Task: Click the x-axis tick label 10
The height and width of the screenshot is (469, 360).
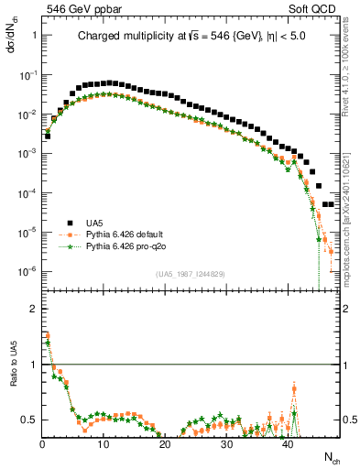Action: tap(104, 444)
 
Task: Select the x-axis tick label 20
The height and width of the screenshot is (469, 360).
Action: tap(165, 444)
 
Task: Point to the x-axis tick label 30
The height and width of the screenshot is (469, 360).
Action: tap(226, 444)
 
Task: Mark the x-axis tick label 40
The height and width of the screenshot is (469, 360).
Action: tap(288, 444)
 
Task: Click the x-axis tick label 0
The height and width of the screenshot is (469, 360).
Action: tap(42, 444)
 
